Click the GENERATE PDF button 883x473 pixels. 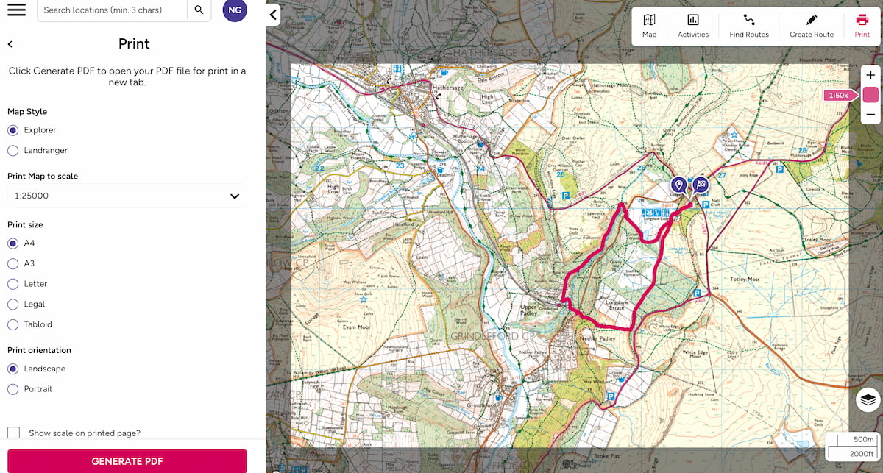tap(127, 461)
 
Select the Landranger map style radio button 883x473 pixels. tap(13, 150)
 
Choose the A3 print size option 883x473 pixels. tap(13, 263)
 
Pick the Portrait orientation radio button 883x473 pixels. tap(13, 389)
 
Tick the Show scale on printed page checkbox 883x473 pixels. tap(14, 433)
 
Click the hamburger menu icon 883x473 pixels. tap(16, 10)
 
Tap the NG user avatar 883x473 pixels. tap(235, 10)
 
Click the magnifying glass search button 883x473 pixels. tap(198, 10)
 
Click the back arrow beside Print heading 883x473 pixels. tap(10, 44)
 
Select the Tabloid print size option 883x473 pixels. tap(13, 324)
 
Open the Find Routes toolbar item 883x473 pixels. tap(748, 26)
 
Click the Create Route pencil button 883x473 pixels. tap(811, 26)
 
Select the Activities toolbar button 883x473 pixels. tap(692, 26)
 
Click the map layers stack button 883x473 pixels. tap(868, 399)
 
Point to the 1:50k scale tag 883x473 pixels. tap(839, 96)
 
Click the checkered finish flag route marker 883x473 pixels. tap(701, 185)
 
